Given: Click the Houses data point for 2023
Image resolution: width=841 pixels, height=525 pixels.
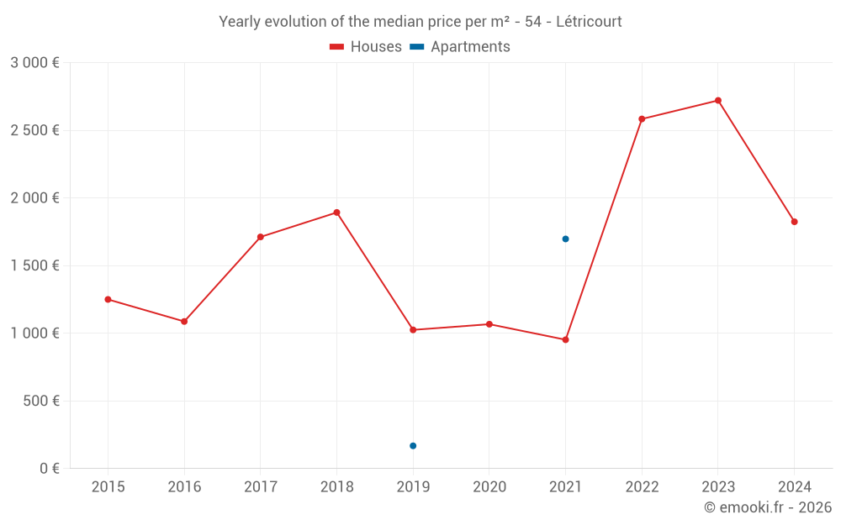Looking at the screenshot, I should pos(717,101).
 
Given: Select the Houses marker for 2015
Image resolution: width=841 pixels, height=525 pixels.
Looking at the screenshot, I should pos(108,299).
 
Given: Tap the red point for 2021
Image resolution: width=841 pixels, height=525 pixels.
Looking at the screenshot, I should pos(565,339).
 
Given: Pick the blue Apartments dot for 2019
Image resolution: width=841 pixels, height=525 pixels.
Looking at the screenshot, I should pos(413,445).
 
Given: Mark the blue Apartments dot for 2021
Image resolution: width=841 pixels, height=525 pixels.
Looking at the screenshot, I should pos(565,239).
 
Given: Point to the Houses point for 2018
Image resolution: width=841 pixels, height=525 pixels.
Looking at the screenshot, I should pos(336,213).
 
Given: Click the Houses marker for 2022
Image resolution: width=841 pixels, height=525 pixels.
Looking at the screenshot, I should pos(642,119).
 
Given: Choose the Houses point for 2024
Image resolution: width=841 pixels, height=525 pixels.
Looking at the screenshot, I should pos(794,222).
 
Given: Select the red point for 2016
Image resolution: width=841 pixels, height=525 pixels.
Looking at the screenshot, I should pos(184,321).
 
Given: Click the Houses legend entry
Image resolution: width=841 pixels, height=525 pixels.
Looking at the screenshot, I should pos(366,47).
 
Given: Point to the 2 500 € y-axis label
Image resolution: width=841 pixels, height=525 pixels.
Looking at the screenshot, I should pos(34,130).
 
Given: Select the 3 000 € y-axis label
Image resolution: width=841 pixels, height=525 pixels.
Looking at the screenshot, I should pos(34,62).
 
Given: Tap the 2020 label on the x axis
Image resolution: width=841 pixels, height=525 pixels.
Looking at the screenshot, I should pos(489,486).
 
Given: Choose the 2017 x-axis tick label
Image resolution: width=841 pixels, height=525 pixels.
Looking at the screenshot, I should pos(261,486).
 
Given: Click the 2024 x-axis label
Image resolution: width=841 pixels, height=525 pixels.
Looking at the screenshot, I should pos(794,486).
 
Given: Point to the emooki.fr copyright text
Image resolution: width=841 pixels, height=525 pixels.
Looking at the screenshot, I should pos(768,507).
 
